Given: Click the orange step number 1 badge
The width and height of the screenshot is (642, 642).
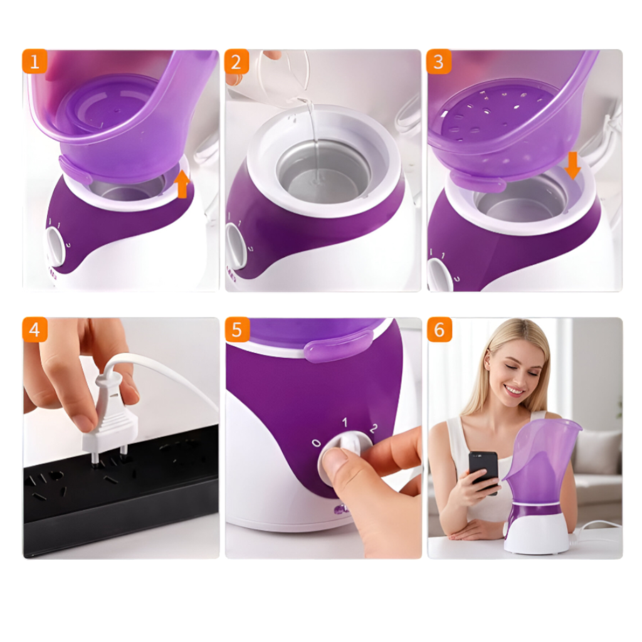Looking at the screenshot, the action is pyautogui.click(x=35, y=61).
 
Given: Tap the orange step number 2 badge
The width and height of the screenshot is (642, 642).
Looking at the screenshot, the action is pyautogui.click(x=236, y=61).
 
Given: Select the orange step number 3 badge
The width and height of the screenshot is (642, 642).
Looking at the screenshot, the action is pyautogui.click(x=438, y=61).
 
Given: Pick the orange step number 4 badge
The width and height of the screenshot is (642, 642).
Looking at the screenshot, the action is pyautogui.click(x=35, y=329).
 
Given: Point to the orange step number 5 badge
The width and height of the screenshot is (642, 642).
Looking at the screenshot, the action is pyautogui.click(x=237, y=329).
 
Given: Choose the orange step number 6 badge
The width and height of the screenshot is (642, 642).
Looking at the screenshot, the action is pyautogui.click(x=439, y=329).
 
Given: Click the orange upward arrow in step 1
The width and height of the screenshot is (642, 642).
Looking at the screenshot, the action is pyautogui.click(x=182, y=184).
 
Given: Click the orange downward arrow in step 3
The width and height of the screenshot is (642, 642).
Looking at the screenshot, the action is pyautogui.click(x=573, y=166).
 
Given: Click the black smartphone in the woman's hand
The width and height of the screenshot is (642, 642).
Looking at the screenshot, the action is pyautogui.click(x=483, y=471).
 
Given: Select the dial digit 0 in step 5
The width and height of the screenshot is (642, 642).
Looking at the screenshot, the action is pyautogui.click(x=316, y=443).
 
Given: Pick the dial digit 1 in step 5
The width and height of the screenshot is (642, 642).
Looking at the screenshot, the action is pyautogui.click(x=345, y=422).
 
